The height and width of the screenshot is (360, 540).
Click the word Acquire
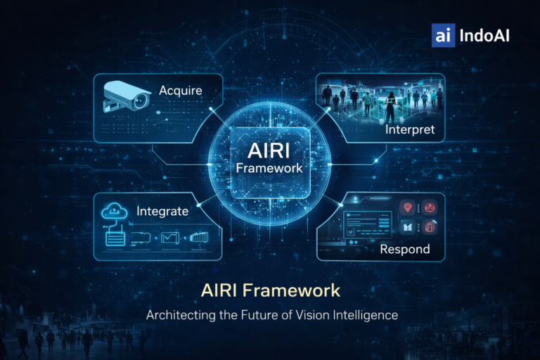(x=181, y=91)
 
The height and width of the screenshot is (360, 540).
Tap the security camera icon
(x=126, y=98)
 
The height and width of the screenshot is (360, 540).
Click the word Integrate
(x=162, y=211)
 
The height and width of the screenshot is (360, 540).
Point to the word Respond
(x=404, y=250)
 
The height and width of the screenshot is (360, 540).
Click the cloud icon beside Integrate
(x=115, y=211)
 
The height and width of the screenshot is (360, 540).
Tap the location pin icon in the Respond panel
(x=406, y=208)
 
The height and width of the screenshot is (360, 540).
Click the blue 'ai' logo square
(x=443, y=35)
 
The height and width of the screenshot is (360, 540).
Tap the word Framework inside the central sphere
(x=269, y=168)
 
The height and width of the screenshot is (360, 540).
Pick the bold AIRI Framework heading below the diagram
(x=270, y=290)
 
